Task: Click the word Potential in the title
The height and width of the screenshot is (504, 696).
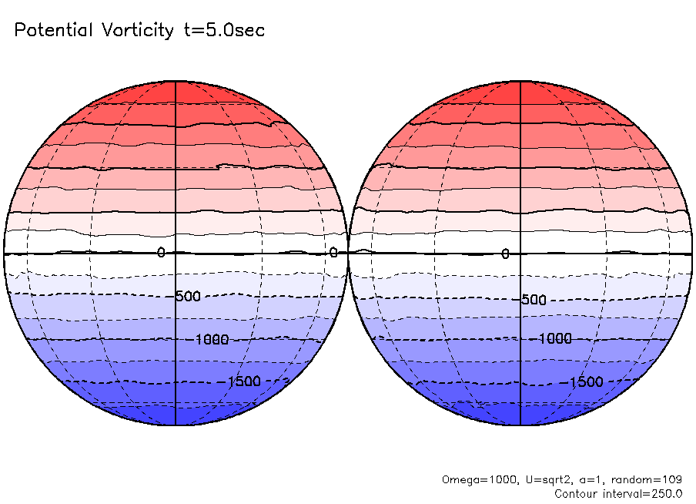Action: (52, 31)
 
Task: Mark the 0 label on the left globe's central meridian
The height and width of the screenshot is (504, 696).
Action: (161, 253)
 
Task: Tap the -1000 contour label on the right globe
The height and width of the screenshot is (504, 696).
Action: (554, 339)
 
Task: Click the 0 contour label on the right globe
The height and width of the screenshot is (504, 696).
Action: (505, 254)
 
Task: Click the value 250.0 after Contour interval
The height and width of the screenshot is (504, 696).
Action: (665, 493)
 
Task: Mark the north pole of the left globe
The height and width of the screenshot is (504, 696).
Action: (176, 80)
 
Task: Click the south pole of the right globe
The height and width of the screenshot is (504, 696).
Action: (521, 425)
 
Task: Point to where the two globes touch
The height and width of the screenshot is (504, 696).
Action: (348, 253)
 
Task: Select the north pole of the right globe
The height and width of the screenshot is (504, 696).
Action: (521, 80)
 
